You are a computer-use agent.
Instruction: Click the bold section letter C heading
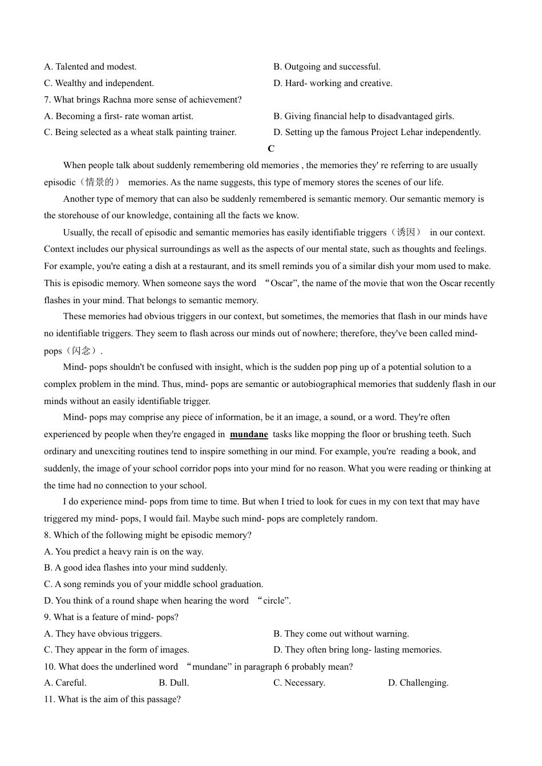[x=271, y=149]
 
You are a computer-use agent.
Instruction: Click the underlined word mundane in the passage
[x=249, y=434]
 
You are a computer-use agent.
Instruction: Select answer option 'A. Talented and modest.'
[x=90, y=67]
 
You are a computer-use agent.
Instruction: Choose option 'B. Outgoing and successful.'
[x=327, y=67]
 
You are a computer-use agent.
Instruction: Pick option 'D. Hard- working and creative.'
[x=333, y=83]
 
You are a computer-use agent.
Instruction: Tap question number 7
[x=47, y=100]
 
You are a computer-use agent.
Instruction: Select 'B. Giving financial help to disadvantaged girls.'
[x=363, y=116]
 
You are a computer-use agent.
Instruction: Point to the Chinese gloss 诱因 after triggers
[x=406, y=233]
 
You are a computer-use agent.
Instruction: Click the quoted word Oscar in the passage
[x=281, y=283]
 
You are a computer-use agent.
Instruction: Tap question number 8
[x=47, y=535]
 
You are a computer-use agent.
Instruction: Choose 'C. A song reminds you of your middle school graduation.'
[x=153, y=584]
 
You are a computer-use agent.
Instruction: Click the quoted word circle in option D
[x=274, y=601]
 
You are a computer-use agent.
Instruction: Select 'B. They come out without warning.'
[x=341, y=634]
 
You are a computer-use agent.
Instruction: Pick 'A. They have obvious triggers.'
[x=103, y=634]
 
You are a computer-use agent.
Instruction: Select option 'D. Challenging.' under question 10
[x=418, y=683]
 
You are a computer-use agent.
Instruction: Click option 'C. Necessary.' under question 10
[x=299, y=683]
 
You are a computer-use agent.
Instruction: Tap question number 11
[x=49, y=699]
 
